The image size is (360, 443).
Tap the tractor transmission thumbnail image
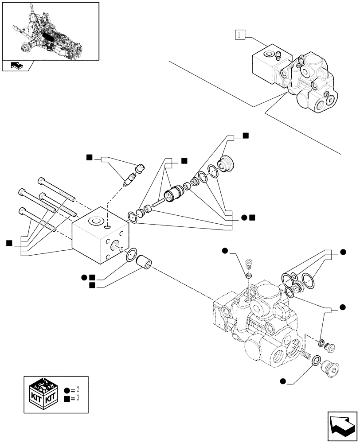tap(50, 31)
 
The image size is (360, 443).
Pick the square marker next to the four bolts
tap(9, 242)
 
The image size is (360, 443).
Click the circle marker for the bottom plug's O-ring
tap(282, 381)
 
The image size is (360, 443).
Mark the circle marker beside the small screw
tap(225, 252)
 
